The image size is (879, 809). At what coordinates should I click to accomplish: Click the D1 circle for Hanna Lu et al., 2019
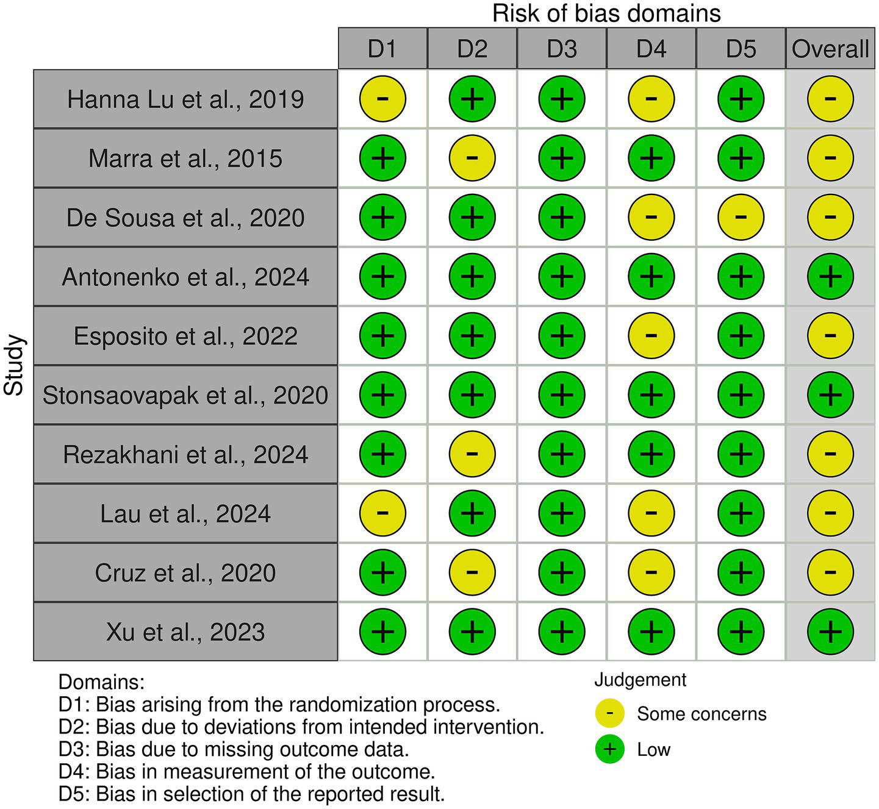tap(382, 99)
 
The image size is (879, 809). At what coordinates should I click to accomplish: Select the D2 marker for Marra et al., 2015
tap(472, 158)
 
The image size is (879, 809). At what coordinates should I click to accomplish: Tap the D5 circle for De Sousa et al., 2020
tap(741, 217)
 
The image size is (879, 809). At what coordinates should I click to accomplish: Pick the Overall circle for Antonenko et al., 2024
tap(830, 276)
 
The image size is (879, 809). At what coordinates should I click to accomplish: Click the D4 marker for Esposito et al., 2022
tap(651, 335)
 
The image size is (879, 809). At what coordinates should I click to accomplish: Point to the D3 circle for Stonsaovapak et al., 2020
tap(562, 394)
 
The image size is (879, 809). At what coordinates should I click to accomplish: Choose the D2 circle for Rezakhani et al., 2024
tap(472, 454)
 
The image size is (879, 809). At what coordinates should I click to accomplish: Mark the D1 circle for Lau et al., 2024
tap(382, 513)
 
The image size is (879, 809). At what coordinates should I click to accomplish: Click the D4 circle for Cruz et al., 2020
tap(651, 572)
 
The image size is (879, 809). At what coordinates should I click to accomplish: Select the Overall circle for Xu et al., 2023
tap(830, 631)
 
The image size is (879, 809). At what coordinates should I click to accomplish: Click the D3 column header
tap(562, 49)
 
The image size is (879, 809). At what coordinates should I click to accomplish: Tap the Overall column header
tap(830, 49)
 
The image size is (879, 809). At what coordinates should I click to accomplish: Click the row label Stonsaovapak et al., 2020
tap(185, 395)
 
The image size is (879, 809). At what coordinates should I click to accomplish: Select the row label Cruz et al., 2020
tap(185, 573)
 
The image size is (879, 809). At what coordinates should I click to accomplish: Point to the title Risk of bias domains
tap(606, 13)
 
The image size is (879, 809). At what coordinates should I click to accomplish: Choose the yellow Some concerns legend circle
tap(609, 713)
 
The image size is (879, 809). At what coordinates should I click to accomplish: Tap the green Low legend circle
tap(609, 749)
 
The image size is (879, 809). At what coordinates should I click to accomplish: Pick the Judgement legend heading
tap(640, 680)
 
